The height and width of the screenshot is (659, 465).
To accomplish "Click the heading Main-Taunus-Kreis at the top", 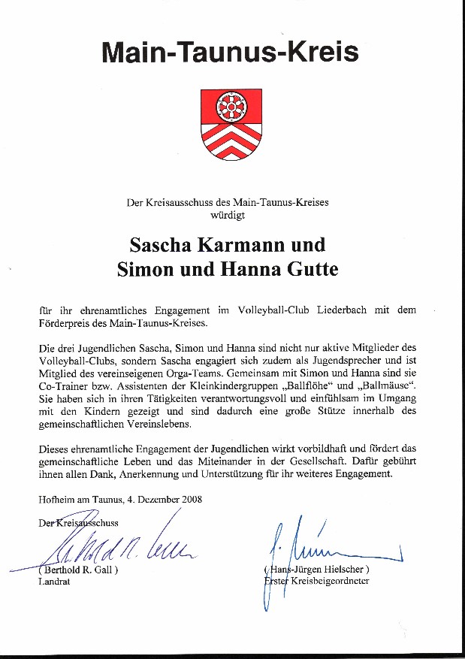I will tap(230, 52).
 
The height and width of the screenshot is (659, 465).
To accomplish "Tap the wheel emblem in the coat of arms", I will tap(231, 108).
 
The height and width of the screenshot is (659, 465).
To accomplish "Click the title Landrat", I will tap(53, 582).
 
